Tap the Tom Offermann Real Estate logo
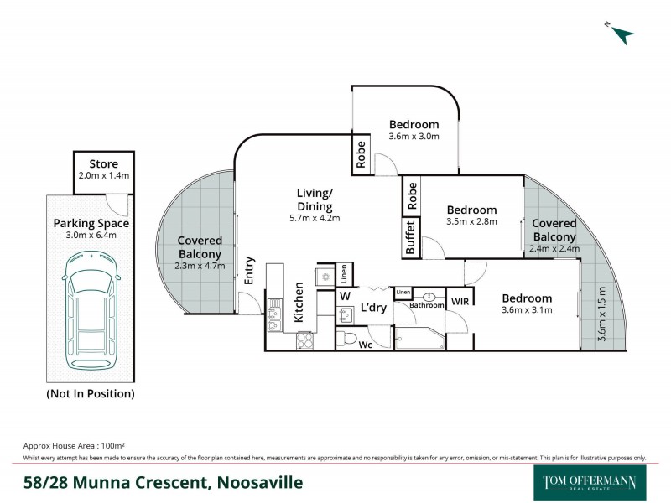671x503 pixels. tap(585, 482)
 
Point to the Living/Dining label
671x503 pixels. tap(315, 200)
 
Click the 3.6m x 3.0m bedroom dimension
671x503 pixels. tap(414, 137)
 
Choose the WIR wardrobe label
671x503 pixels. tap(460, 300)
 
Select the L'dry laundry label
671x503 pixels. tap(374, 309)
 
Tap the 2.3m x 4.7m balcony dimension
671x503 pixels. tap(200, 266)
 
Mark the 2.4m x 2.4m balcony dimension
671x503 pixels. tap(554, 248)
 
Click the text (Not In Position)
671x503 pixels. tap(91, 393)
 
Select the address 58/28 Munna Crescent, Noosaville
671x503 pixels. tap(163, 483)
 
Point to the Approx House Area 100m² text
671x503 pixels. tap(75, 447)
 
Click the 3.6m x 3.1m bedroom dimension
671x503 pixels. tap(527, 310)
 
